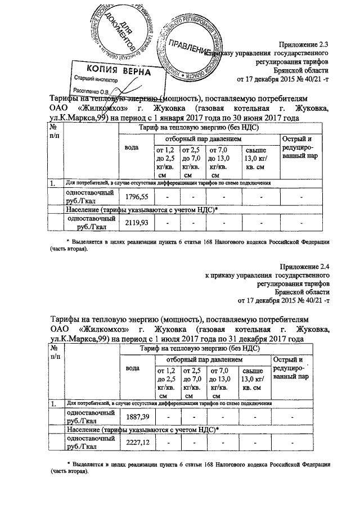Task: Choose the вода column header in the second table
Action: (x=133, y=368)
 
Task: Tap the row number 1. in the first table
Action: (x=52, y=183)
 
